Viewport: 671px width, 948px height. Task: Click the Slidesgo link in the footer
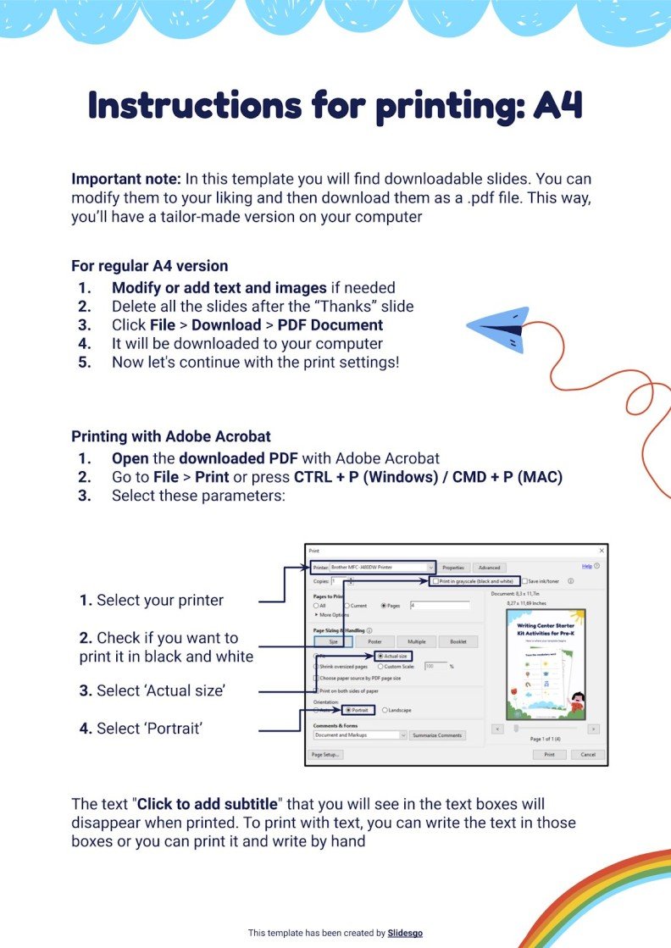[405, 933]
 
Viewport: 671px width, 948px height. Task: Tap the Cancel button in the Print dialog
[588, 754]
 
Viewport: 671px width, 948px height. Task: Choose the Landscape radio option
[385, 710]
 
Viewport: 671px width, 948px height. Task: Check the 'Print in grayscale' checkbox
[435, 581]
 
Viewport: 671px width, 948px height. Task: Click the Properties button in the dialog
[453, 567]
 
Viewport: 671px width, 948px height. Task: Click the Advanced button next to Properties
[489, 567]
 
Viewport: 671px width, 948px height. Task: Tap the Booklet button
[458, 641]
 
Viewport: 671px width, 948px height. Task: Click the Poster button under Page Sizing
[374, 641]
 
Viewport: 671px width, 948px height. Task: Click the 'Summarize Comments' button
[437, 735]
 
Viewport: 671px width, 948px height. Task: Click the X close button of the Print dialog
[602, 551]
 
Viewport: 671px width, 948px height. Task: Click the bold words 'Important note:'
[126, 180]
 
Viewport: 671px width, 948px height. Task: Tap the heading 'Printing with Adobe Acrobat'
[171, 437]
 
